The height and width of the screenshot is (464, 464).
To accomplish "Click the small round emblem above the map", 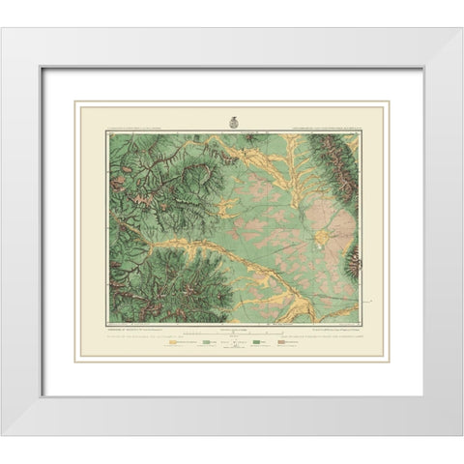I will (232, 123).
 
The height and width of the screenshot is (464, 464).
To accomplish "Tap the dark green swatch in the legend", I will (258, 342).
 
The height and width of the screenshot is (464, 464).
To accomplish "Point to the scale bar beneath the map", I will (232, 331).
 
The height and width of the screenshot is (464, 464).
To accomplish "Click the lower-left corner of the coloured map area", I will (107, 322).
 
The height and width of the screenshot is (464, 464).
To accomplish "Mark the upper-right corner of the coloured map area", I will (358, 133).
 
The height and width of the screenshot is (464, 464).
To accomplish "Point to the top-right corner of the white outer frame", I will (460, 28).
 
